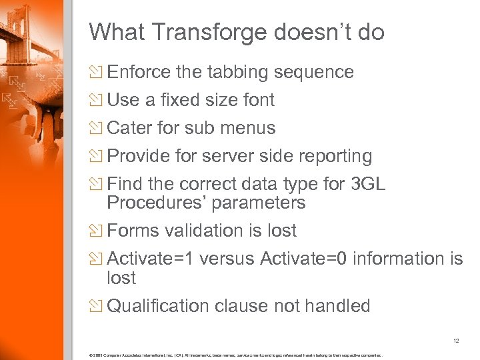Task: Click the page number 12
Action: tap(456, 340)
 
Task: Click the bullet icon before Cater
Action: tap(97, 128)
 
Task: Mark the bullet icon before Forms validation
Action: tap(97, 231)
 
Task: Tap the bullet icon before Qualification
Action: tap(97, 306)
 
